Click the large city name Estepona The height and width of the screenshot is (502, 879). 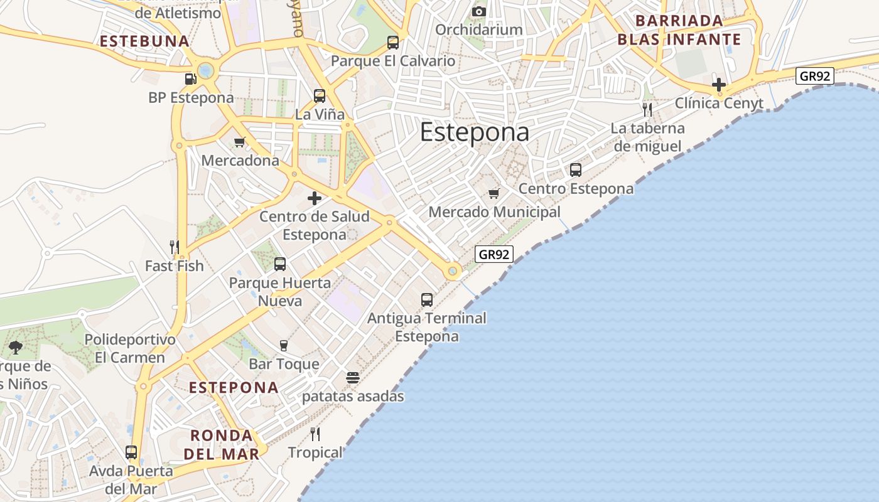(474, 132)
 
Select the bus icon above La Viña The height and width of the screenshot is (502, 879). (320, 96)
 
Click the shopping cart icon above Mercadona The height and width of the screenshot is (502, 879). (239, 142)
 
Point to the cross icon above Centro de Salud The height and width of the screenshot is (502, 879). (315, 198)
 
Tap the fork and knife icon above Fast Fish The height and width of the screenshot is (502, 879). (175, 247)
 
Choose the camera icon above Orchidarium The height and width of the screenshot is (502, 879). (479, 11)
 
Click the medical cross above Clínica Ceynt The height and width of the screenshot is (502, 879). (719, 84)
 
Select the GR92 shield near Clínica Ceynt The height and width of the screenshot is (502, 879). (814, 76)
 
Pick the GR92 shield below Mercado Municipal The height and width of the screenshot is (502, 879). (494, 254)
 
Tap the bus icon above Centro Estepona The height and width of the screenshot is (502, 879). (576, 170)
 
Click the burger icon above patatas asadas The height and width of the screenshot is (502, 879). (353, 378)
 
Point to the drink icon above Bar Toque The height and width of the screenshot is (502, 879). (284, 345)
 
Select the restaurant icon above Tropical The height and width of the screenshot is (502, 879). (315, 434)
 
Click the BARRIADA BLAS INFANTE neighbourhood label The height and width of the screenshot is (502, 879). (679, 30)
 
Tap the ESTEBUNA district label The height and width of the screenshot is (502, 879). (144, 41)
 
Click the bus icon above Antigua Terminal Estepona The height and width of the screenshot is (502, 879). (427, 300)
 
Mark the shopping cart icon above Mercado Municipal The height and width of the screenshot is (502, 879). (494, 193)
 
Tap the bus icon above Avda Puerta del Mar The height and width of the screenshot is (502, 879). (131, 452)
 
